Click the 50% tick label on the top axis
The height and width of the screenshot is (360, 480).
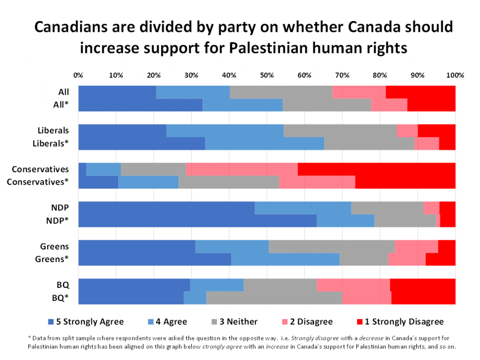point(267,75)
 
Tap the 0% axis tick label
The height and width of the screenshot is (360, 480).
point(78,75)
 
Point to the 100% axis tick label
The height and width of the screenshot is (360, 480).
point(455,75)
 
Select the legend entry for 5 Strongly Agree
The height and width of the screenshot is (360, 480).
point(86,322)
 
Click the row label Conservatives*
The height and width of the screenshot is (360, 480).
point(37,182)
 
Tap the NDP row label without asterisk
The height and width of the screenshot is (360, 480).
point(60,208)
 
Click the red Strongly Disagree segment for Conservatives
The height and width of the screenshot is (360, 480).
point(376,169)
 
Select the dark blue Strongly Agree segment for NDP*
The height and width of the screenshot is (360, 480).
point(197,220)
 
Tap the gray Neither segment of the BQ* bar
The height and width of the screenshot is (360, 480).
point(274,298)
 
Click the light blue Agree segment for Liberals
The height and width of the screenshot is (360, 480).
point(225,131)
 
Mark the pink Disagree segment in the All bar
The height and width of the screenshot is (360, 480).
point(359,92)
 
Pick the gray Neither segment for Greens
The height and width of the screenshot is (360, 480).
point(331,246)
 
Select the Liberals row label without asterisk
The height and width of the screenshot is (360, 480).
point(53,131)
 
